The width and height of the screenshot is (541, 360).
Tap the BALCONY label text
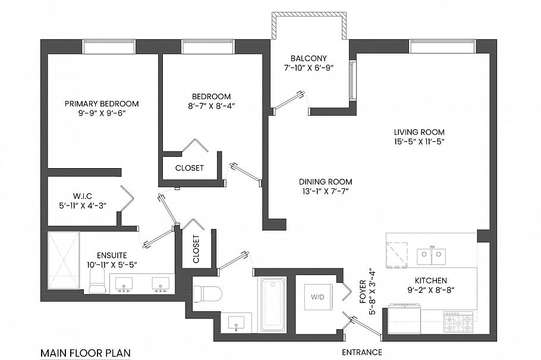click(x=309, y=58)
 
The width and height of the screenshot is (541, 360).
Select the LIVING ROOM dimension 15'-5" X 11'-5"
click(x=419, y=141)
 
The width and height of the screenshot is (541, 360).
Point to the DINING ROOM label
click(x=325, y=182)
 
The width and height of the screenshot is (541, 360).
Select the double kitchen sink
click(x=431, y=256)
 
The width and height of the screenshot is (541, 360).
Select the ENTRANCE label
click(x=362, y=352)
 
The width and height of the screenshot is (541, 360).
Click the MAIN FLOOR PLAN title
click(x=85, y=353)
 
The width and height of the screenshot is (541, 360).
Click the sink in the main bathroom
click(x=237, y=324)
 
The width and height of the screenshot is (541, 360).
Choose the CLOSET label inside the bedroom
click(x=189, y=168)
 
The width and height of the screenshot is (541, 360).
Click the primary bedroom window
click(x=109, y=46)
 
